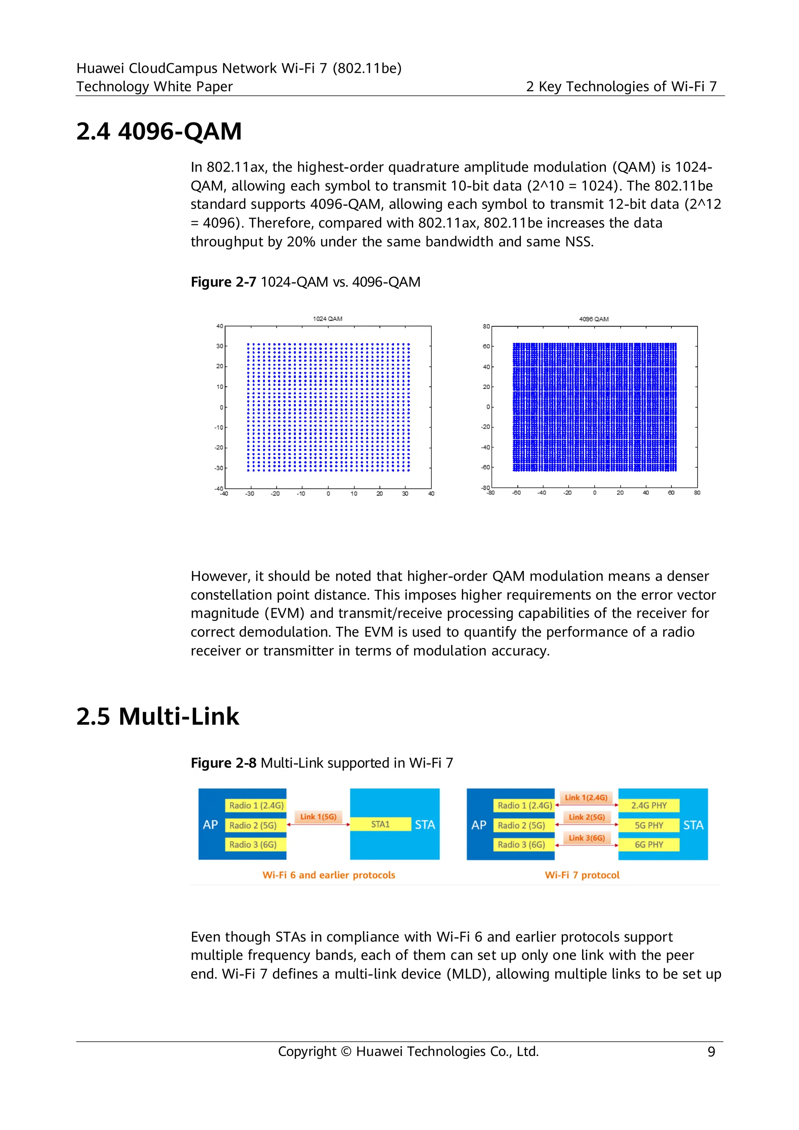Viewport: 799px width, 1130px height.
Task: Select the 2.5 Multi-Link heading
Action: click(158, 716)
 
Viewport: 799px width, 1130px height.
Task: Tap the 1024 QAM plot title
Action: click(327, 319)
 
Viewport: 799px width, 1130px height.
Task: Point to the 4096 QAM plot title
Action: click(594, 319)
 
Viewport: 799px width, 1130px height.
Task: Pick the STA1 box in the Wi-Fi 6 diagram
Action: click(380, 824)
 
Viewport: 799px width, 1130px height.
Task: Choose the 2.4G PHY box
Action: click(648, 806)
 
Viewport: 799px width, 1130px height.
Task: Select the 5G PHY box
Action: click(648, 825)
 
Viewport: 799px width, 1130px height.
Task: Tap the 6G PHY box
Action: click(648, 844)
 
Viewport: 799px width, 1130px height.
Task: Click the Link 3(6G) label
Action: click(586, 838)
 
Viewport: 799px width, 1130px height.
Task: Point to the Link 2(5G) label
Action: click(586, 817)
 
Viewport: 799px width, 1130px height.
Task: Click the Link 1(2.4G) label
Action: click(586, 797)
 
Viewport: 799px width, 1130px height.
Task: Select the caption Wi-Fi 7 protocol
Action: click(582, 875)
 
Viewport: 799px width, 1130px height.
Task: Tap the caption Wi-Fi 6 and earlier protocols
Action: click(328, 875)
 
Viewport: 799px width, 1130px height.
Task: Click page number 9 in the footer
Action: click(711, 1052)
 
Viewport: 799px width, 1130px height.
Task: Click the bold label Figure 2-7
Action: click(223, 282)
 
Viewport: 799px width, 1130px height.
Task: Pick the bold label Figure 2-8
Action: click(223, 763)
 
